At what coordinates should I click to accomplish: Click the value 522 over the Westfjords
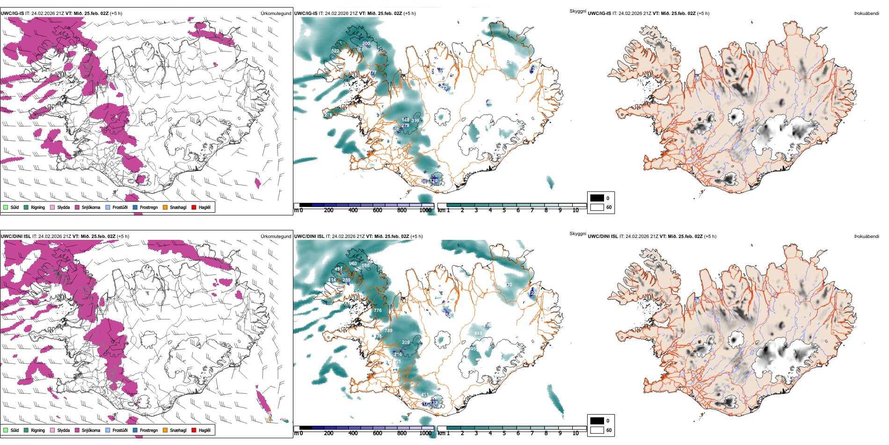pyautogui.click(x=335, y=51)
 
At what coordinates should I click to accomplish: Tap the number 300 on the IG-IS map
pyautogui.click(x=366, y=44)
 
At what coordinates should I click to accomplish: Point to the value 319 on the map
pyautogui.click(x=415, y=121)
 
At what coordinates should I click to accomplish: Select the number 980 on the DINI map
pyautogui.click(x=353, y=264)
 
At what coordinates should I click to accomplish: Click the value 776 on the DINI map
pyautogui.click(x=378, y=311)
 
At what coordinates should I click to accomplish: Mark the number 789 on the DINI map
pyautogui.click(x=388, y=331)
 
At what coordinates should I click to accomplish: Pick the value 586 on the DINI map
pyautogui.click(x=365, y=266)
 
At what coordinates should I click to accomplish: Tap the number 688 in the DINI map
pyautogui.click(x=478, y=334)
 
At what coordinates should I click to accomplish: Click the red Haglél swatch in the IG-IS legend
pyautogui.click(x=194, y=207)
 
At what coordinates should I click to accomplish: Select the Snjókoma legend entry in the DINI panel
pyautogui.click(x=87, y=430)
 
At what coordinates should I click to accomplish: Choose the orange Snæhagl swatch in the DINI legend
pyautogui.click(x=165, y=430)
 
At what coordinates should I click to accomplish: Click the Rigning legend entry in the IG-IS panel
pyautogui.click(x=35, y=207)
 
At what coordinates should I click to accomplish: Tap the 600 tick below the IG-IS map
pyautogui.click(x=378, y=210)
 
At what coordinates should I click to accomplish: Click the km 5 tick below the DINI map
pyautogui.click(x=504, y=433)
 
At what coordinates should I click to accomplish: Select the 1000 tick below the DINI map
pyautogui.click(x=425, y=433)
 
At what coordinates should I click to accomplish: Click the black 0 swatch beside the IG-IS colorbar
pyautogui.click(x=597, y=198)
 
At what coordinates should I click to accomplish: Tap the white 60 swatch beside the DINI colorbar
pyautogui.click(x=597, y=430)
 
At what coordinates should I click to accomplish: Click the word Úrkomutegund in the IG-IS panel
pyautogui.click(x=276, y=14)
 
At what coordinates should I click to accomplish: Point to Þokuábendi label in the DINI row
pyautogui.click(x=867, y=237)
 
